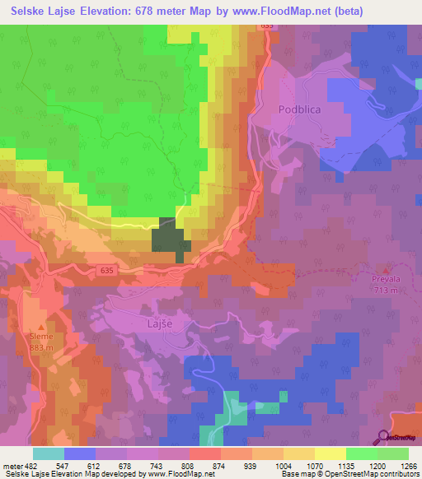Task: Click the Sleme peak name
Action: pyautogui.click(x=41, y=337)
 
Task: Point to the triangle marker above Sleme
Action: pyautogui.click(x=40, y=327)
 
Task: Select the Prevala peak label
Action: pyautogui.click(x=385, y=280)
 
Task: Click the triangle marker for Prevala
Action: pyautogui.click(x=385, y=270)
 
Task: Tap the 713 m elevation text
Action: pyautogui.click(x=385, y=290)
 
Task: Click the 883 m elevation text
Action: pyautogui.click(x=41, y=346)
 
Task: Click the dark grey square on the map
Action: pyautogui.click(x=171, y=239)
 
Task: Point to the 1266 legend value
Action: pyautogui.click(x=408, y=465)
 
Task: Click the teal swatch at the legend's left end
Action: pyautogui.click(x=48, y=453)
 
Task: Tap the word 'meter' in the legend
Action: pyautogui.click(x=12, y=465)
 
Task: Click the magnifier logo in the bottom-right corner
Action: pyautogui.click(x=383, y=437)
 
